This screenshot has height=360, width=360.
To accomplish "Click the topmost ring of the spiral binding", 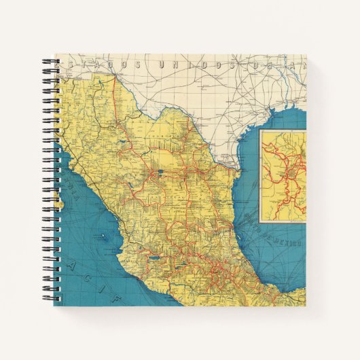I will click(x=52, y=62).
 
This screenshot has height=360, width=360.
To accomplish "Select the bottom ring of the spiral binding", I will click(x=52, y=299).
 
